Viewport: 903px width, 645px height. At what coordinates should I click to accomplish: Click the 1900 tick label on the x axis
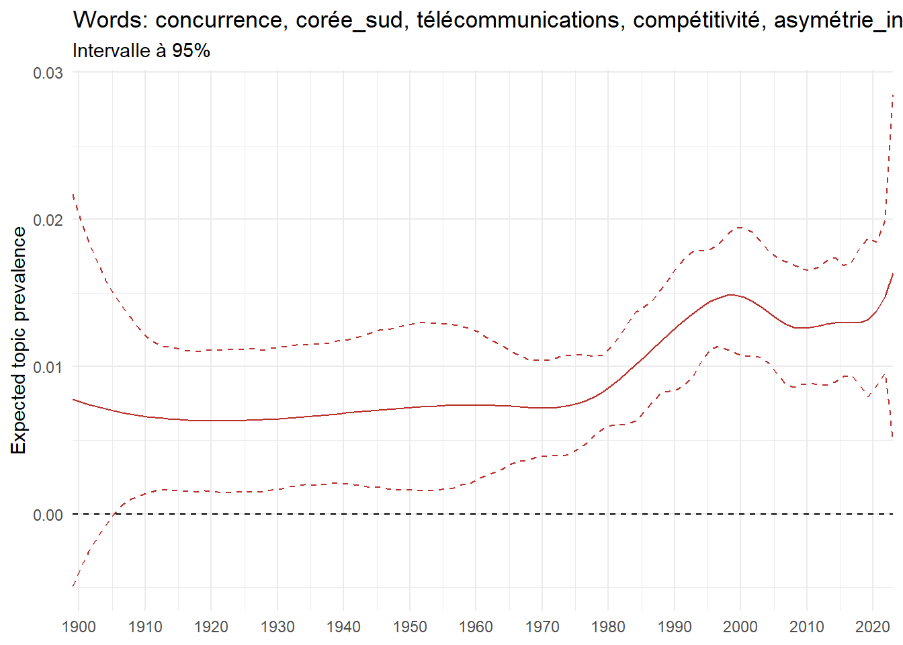(79, 627)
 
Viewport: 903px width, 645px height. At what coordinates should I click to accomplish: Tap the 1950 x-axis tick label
(410, 627)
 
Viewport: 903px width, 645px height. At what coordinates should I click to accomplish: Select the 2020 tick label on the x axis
(873, 627)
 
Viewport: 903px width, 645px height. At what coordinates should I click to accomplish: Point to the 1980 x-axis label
(608, 627)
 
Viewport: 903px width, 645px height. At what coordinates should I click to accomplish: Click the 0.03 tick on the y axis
(48, 73)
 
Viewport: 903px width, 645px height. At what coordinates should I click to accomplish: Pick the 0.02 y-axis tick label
(48, 220)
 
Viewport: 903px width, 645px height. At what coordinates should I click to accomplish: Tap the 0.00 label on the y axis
(48, 515)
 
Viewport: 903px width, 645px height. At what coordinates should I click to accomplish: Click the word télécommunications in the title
(518, 20)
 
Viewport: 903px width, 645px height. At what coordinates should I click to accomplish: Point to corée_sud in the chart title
(349, 20)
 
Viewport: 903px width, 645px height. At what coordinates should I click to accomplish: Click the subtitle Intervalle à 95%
(141, 51)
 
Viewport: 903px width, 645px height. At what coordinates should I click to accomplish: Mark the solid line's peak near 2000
(731, 294)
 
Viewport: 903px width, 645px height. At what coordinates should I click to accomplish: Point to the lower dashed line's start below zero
(73, 587)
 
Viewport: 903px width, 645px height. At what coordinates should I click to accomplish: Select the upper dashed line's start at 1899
(73, 194)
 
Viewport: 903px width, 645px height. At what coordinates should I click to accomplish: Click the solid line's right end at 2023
(893, 273)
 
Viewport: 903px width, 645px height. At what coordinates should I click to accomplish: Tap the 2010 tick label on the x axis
(807, 627)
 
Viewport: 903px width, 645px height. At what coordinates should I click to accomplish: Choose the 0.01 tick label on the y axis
(48, 367)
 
